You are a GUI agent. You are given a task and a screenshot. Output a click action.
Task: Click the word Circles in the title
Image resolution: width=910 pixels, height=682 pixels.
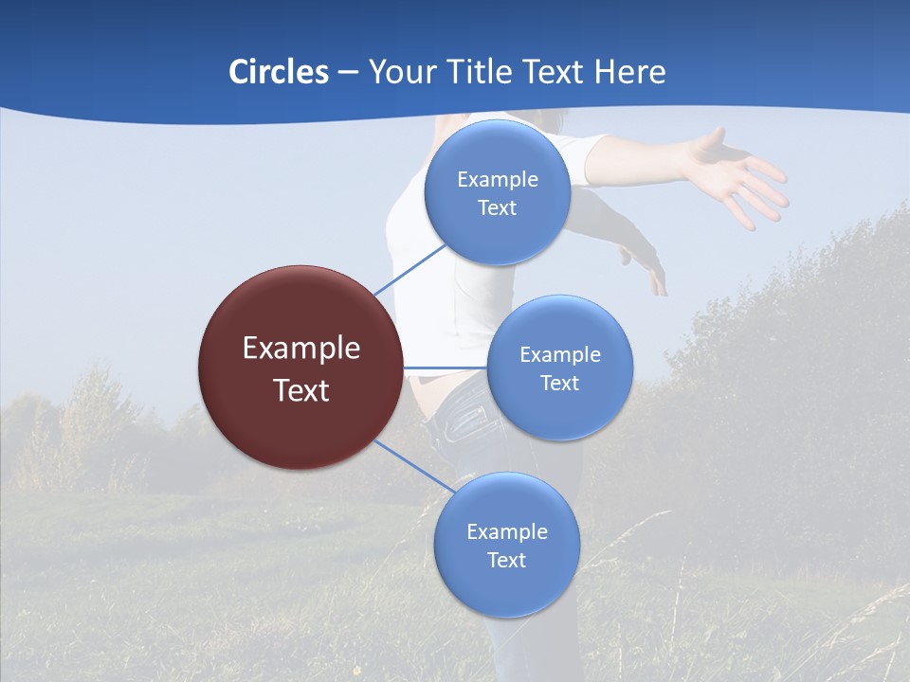coord(279,72)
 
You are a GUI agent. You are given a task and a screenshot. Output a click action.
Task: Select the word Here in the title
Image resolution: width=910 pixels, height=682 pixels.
coord(629,72)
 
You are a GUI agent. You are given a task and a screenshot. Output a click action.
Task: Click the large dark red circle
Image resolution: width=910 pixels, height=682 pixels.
coord(300,368)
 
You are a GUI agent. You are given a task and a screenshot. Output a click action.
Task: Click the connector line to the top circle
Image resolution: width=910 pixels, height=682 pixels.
coord(409,267)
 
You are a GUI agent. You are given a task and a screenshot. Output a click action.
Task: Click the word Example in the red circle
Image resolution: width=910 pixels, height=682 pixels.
coord(300,348)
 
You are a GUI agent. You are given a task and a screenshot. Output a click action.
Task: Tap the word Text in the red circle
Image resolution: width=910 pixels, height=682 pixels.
coord(300,390)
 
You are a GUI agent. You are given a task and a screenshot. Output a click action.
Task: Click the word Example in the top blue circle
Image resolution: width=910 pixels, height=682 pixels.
coord(497,179)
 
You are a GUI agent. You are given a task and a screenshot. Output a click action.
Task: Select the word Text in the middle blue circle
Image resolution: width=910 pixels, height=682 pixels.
coord(559,383)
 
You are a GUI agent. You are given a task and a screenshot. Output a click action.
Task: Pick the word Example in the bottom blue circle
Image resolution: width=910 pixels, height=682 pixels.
coord(506,531)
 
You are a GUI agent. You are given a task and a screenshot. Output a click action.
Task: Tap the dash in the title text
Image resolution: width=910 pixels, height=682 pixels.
coord(348,73)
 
